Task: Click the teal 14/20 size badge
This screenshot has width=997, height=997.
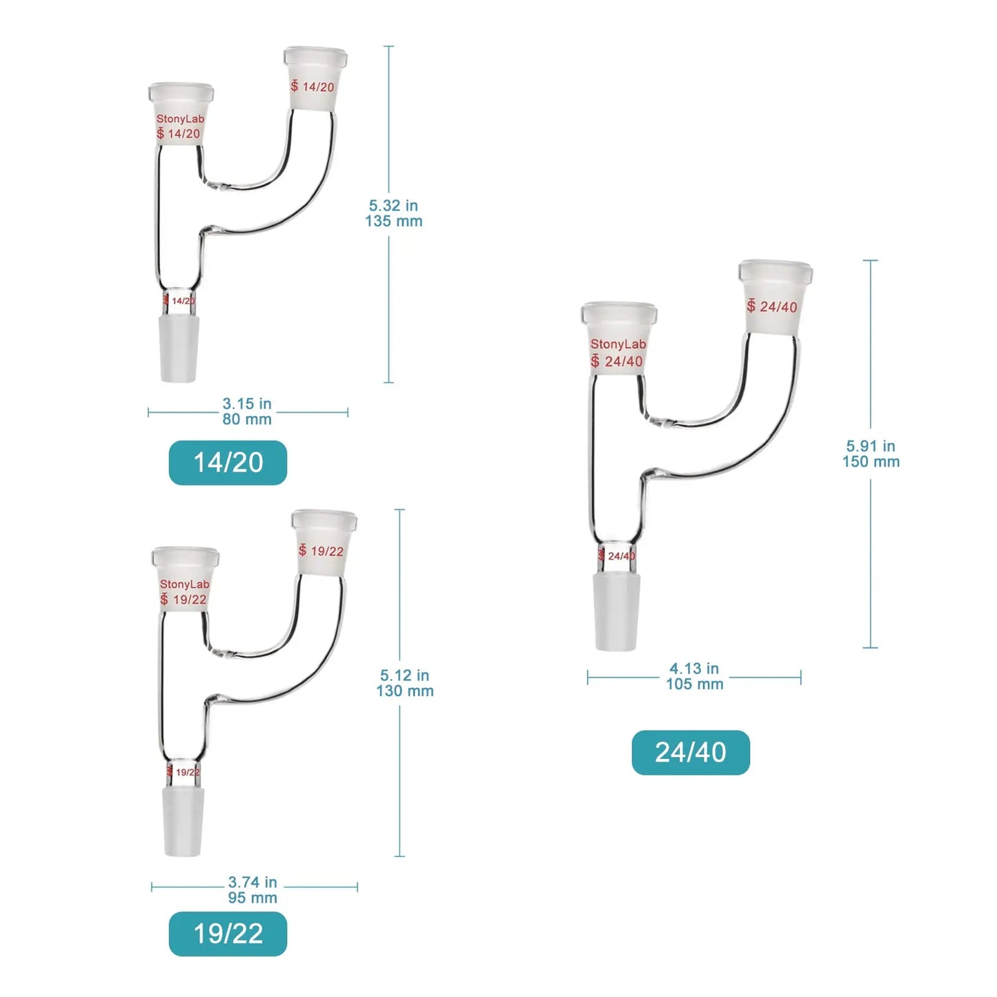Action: [228, 462]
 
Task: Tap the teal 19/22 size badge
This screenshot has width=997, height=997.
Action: [228, 934]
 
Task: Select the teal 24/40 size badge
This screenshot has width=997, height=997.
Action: [690, 752]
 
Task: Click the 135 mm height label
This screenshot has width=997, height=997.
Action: [394, 221]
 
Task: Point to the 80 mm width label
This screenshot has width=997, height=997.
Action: [247, 419]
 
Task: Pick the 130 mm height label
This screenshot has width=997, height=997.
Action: [405, 691]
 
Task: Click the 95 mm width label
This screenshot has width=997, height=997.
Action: [253, 898]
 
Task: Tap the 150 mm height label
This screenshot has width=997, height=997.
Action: [871, 462]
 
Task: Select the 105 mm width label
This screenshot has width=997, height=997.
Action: [695, 684]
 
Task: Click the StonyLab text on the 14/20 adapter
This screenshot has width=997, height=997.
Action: [180, 119]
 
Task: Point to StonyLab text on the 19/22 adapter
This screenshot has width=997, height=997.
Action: [184, 584]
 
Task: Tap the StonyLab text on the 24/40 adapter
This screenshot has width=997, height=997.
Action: [618, 344]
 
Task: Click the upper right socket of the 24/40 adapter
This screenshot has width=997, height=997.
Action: [775, 297]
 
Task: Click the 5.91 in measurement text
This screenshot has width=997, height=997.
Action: [871, 446]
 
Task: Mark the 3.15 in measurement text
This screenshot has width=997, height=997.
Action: [247, 404]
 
